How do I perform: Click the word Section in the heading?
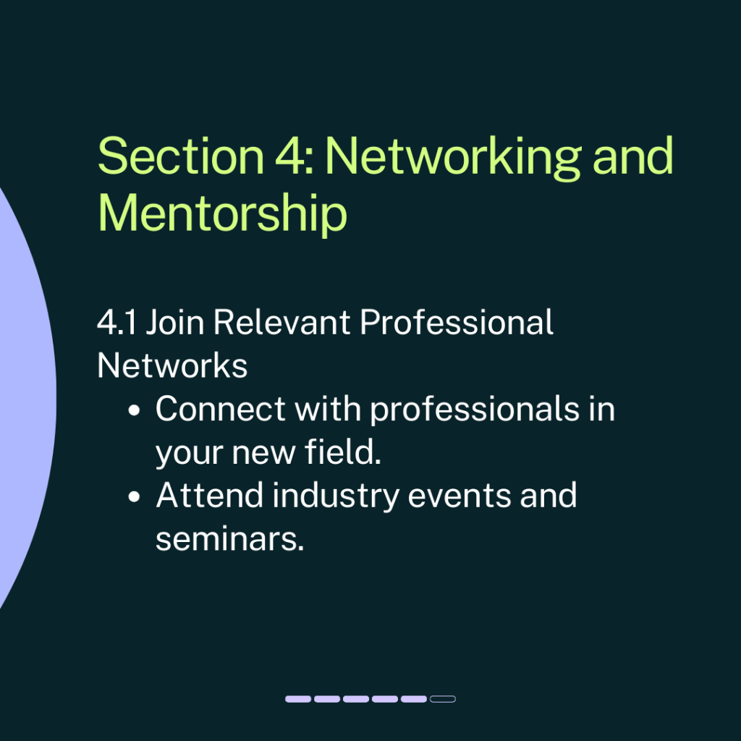click(180, 156)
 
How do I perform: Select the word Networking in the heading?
click(453, 158)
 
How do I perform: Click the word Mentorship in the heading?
click(222, 213)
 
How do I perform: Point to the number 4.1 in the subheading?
click(117, 322)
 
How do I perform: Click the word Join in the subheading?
click(175, 322)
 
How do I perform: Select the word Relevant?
click(281, 322)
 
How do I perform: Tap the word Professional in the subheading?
click(456, 322)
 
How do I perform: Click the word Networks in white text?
click(172, 365)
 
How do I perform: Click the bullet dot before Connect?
click(134, 410)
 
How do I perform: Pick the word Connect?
click(220, 409)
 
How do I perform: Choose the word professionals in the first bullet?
click(475, 410)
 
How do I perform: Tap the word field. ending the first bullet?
click(342, 452)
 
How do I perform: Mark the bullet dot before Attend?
click(134, 496)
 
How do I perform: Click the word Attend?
click(209, 495)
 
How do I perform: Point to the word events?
click(460, 496)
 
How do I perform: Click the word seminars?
click(229, 539)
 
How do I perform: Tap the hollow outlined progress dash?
click(443, 699)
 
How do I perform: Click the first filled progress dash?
click(298, 699)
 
